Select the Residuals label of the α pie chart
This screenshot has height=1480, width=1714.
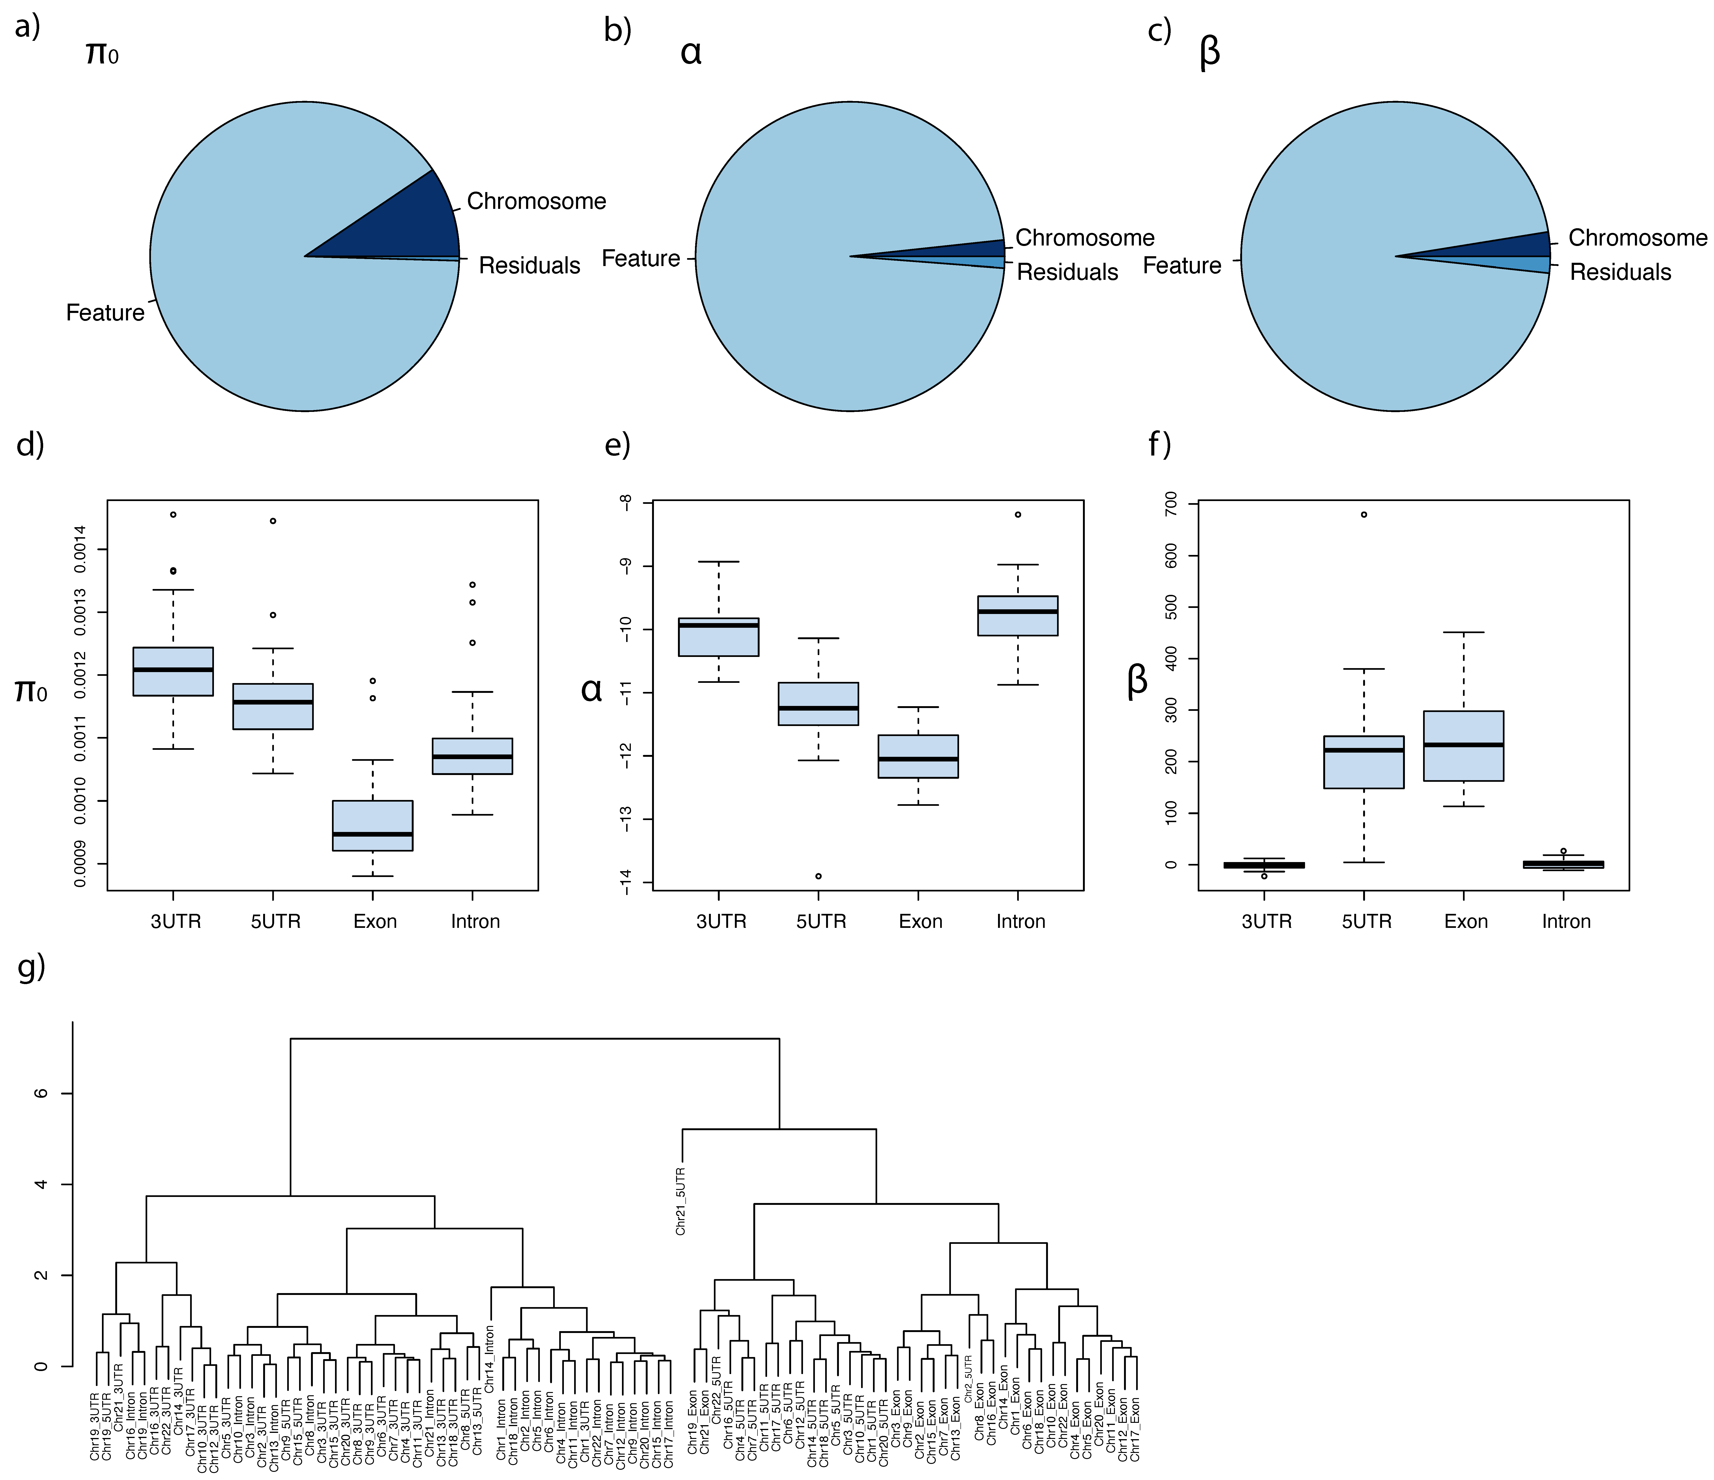1067,272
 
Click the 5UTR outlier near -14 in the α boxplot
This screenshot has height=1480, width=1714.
818,876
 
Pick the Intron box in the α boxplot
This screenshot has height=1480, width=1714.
1017,615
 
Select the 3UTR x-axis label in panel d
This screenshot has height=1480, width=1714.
175,922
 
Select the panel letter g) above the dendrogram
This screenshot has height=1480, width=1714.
31,966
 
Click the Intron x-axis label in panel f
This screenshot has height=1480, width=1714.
1566,922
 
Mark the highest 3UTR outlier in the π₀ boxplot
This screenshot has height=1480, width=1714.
173,515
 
